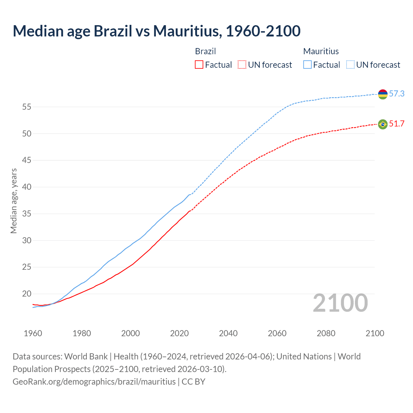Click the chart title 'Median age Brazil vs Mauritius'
[x=156, y=31]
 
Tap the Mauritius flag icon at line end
[x=383, y=94]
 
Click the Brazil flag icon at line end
[x=383, y=124]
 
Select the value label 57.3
[x=397, y=94]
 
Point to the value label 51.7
[x=397, y=124]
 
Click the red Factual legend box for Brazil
[x=199, y=65]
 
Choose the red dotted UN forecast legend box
[x=242, y=65]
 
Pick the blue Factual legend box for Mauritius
[x=307, y=65]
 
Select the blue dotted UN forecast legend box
[x=350, y=65]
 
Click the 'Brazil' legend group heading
[x=205, y=51]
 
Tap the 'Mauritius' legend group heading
[x=321, y=51]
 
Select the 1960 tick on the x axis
[x=33, y=333]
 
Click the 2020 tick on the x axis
[x=179, y=333]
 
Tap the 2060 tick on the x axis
[x=277, y=333]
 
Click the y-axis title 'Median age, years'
[x=14, y=201]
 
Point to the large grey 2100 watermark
[x=340, y=303]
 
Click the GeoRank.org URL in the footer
[x=94, y=382]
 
